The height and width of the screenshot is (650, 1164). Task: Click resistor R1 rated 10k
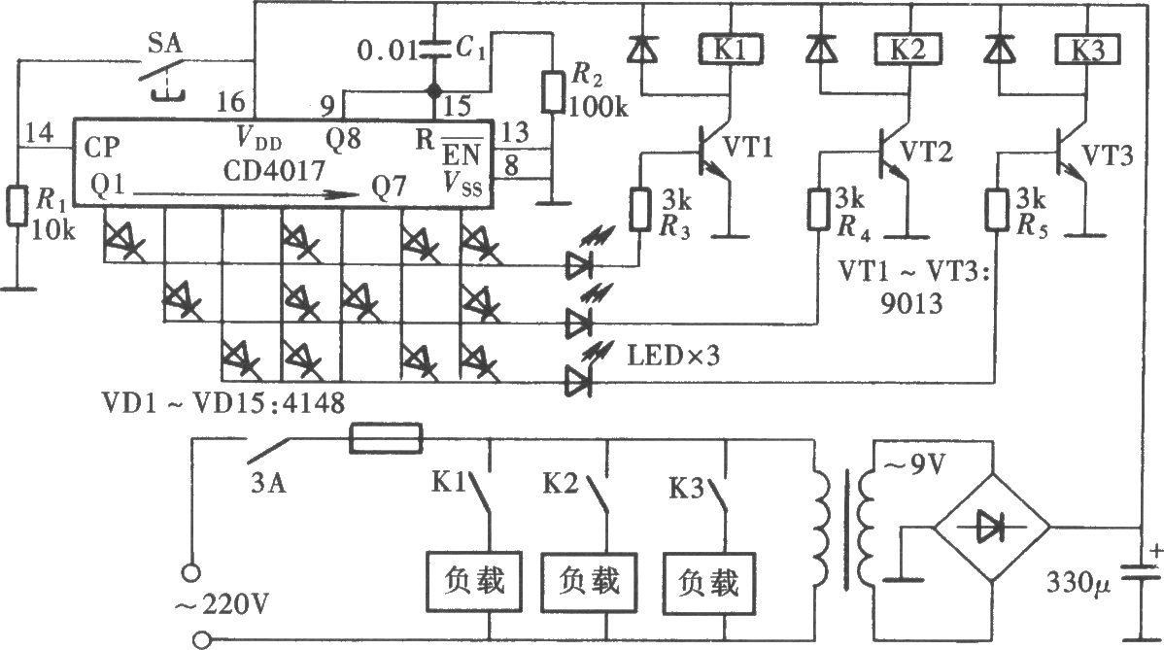[17, 207]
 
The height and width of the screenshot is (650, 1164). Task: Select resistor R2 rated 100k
[551, 91]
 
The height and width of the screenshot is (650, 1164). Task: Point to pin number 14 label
[39, 133]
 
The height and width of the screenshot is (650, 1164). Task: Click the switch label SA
[164, 44]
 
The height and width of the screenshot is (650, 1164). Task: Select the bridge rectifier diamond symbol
[991, 529]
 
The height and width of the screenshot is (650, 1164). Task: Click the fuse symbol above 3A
[386, 438]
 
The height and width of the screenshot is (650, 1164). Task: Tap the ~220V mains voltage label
[222, 605]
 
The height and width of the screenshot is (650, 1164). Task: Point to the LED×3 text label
[673, 356]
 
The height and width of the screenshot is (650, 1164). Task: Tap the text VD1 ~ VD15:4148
[223, 403]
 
